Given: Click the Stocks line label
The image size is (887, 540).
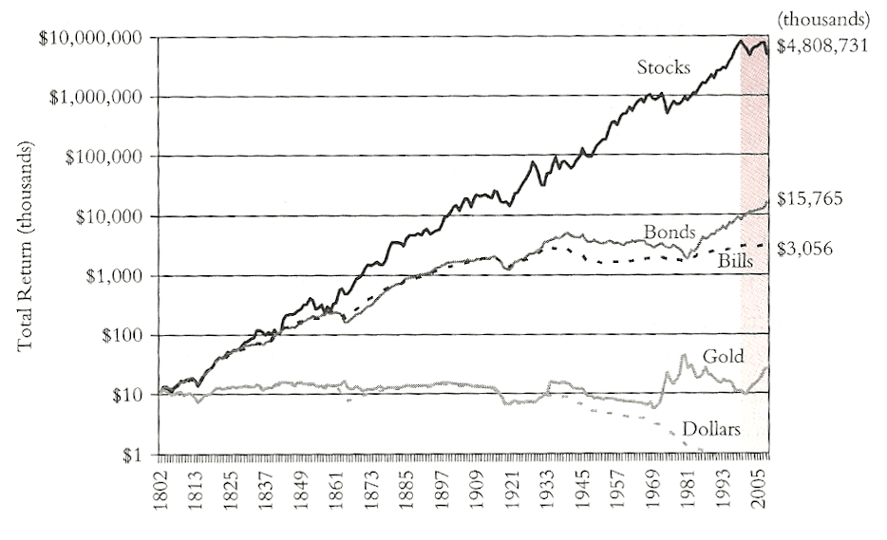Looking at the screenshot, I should [664, 68].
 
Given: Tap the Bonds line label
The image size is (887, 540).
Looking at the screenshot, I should [670, 231].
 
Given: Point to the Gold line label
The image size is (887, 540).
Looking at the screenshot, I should [723, 357].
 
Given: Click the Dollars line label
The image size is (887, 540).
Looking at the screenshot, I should [710, 429].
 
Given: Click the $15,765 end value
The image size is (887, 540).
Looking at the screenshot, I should [817, 199].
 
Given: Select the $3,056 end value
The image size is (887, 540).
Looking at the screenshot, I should [811, 248].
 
